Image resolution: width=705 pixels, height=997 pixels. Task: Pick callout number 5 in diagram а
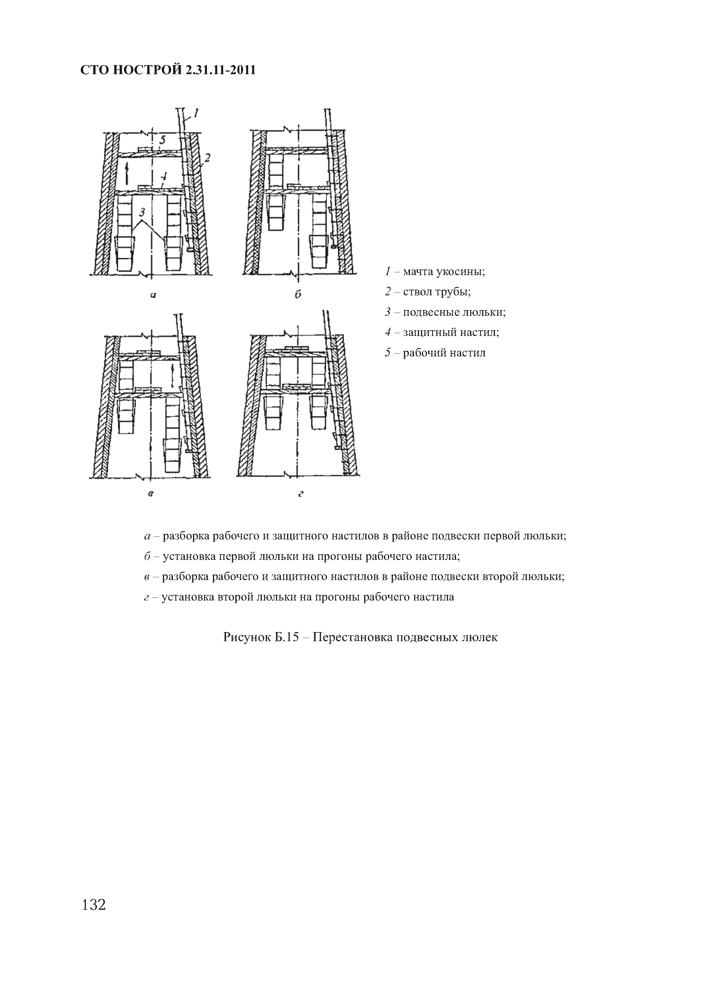[162, 140]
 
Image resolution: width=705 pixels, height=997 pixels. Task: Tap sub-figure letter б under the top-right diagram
[298, 294]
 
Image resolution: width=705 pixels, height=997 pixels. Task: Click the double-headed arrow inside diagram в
[173, 376]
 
